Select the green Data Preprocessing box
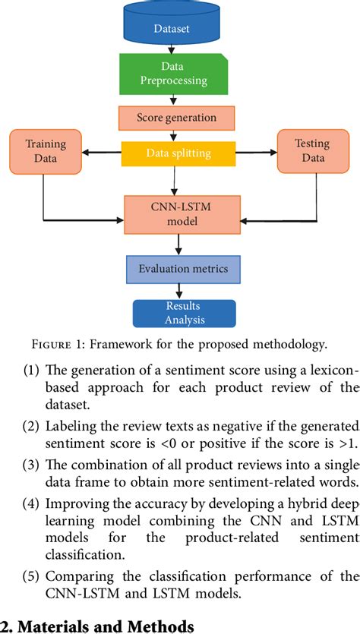174,74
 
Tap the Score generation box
176,118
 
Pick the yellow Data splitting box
178,153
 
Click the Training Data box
46,151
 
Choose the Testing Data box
313,151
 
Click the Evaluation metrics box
183,269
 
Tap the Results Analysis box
184,313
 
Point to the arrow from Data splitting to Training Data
102,153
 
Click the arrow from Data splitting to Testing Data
257,153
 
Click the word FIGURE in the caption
49,345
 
